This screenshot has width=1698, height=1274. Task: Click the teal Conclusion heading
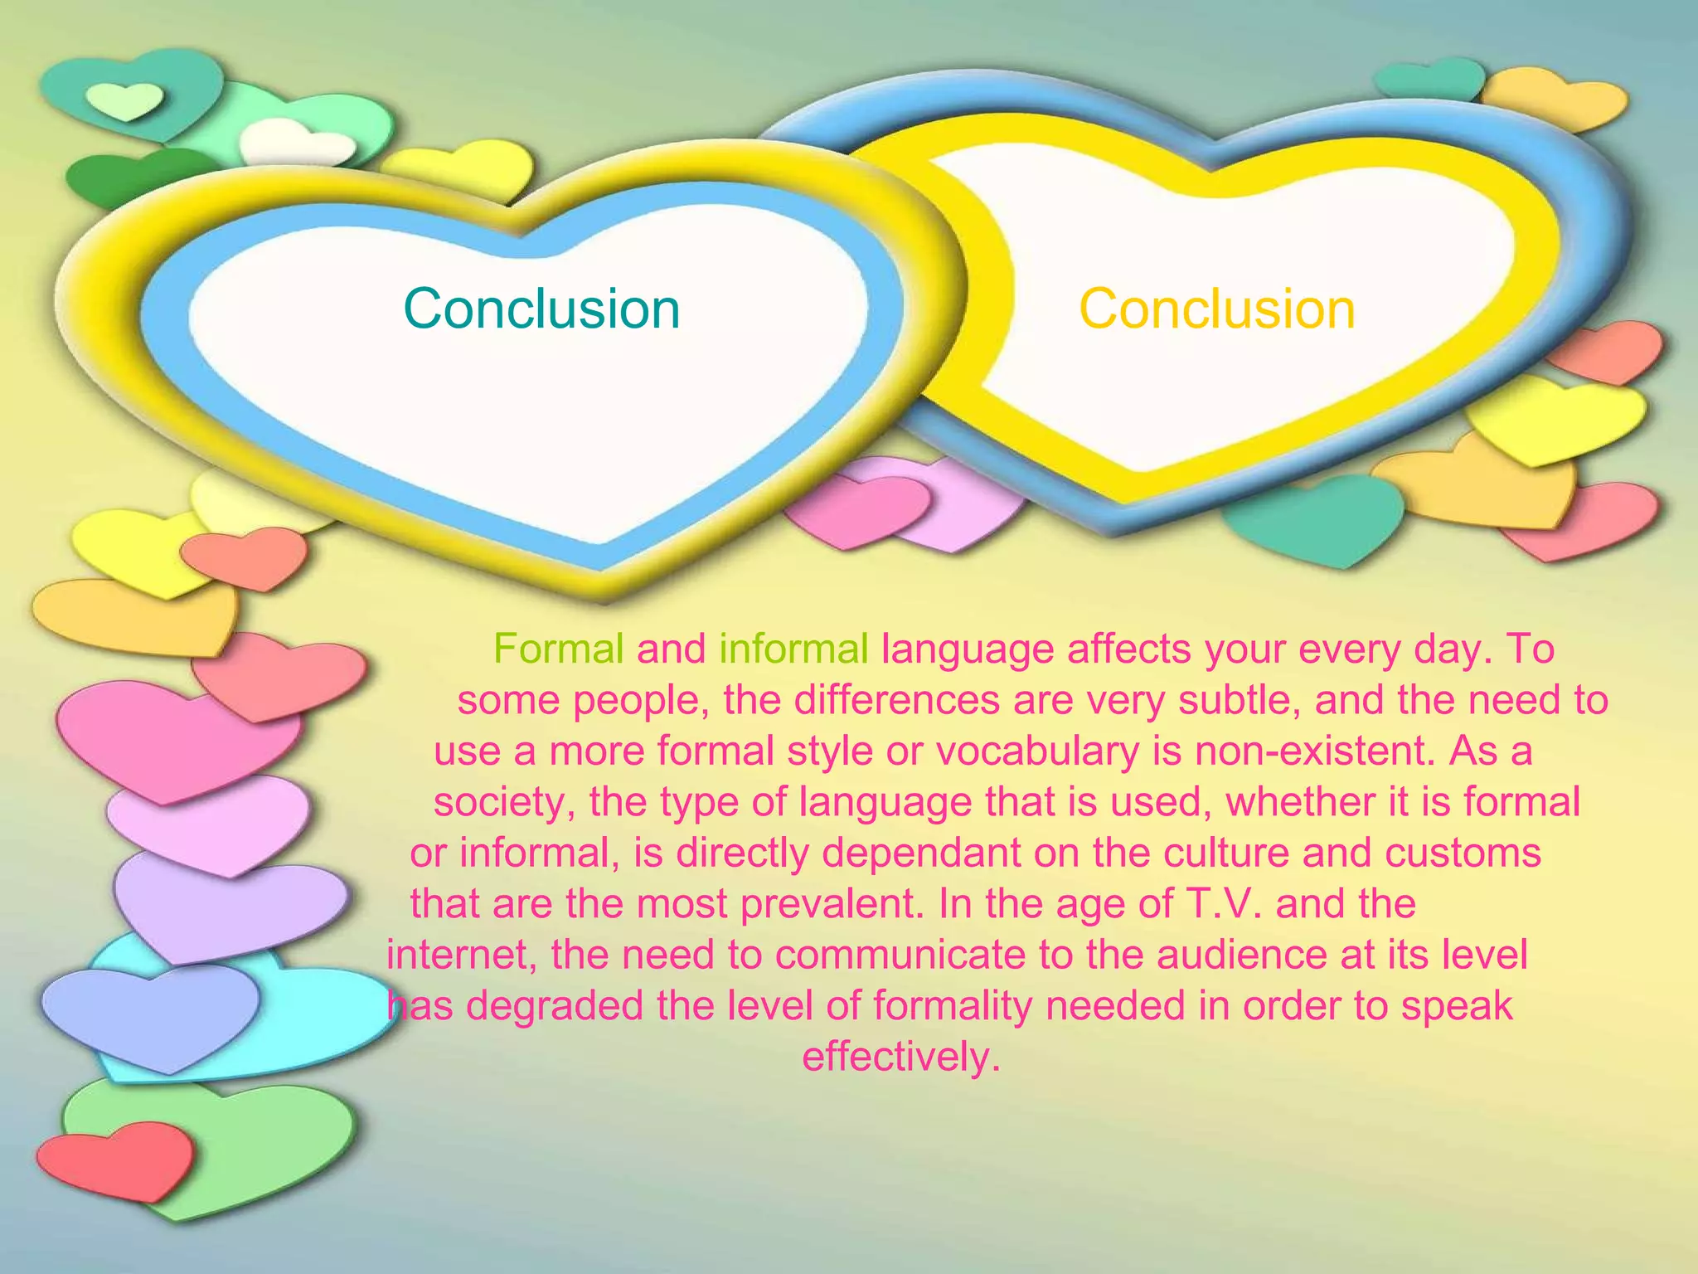[x=541, y=309]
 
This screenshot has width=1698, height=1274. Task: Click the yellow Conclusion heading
[x=1216, y=309]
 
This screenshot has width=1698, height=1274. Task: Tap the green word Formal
[x=558, y=649]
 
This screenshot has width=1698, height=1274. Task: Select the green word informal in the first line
[x=793, y=649]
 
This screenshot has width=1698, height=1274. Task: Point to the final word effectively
[x=901, y=1058]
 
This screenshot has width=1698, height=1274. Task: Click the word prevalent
[x=832, y=904]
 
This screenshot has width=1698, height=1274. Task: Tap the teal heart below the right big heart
[x=1314, y=518]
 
